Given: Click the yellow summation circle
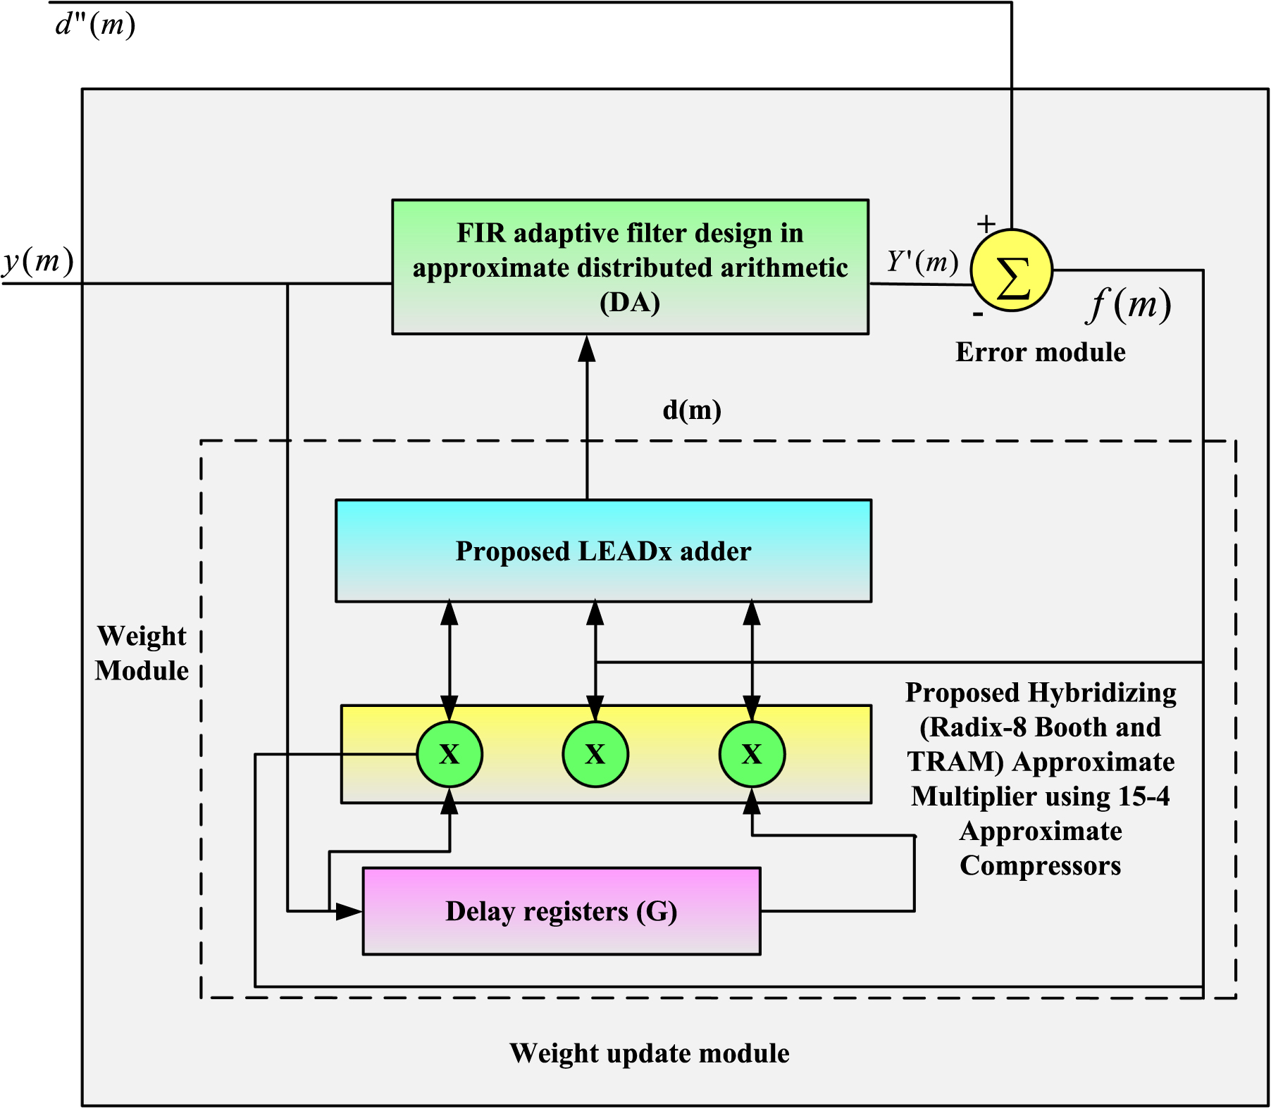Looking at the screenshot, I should point(1012,270).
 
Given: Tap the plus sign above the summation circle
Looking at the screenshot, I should point(986,224).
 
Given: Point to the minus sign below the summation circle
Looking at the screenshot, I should point(978,314).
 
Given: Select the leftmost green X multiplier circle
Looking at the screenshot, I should point(449,754).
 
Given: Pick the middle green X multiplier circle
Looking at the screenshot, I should point(595,754).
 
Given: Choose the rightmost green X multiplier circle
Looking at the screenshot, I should point(752,754).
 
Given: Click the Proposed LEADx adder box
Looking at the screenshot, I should point(603,551).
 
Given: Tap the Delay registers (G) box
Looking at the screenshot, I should point(561,911).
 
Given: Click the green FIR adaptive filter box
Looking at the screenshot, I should point(630,267).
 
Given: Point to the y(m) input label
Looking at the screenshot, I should point(38,261).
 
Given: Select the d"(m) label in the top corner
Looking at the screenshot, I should point(95,25).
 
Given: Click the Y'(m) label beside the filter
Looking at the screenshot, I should point(922,262).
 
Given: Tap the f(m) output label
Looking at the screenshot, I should point(1129,305).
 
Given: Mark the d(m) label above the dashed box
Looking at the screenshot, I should point(692,410).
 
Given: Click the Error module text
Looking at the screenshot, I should point(1040,352).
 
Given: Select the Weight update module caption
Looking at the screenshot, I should point(649,1053).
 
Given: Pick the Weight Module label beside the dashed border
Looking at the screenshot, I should point(142,653).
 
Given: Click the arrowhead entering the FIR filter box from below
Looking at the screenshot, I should point(587,349).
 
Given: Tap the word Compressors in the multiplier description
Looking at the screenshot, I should point(1040,865).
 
